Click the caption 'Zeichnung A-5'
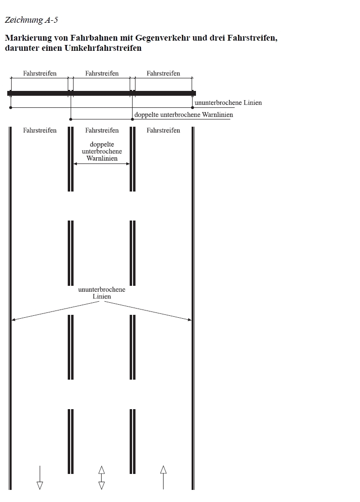[31, 20]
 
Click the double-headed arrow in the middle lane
[102, 478]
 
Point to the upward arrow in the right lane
[163, 477]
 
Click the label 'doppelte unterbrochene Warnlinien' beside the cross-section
[183, 115]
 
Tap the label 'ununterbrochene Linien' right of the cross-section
[228, 103]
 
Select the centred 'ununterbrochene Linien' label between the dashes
[102, 293]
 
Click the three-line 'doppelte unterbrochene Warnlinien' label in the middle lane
[102, 151]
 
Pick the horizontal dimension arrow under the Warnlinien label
[102, 164]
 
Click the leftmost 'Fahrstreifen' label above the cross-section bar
[40, 74]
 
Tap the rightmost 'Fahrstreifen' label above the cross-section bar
[163, 74]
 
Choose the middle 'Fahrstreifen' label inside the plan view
[102, 130]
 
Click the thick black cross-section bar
[102, 93]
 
